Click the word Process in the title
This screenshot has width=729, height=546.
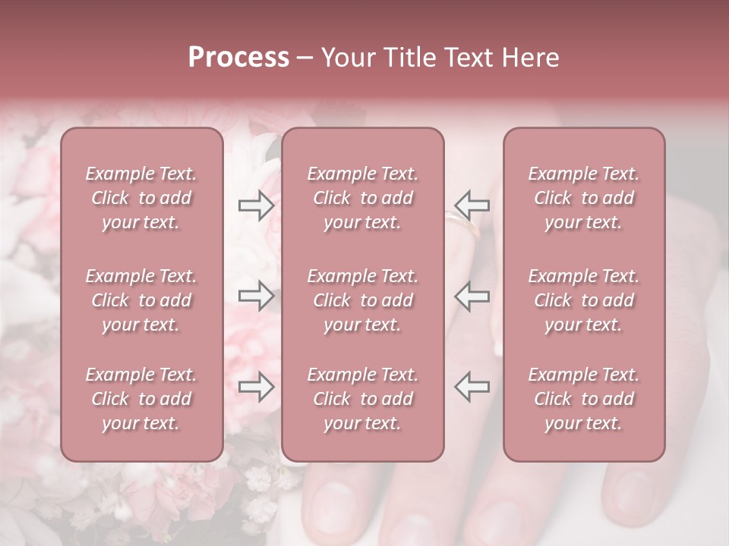(238, 58)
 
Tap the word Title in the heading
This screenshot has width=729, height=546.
(407, 58)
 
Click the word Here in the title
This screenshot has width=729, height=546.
(529, 58)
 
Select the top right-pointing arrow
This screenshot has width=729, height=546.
(256, 206)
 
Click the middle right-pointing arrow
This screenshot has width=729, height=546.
(256, 296)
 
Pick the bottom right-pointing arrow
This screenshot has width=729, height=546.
(256, 386)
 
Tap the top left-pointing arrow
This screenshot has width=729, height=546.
(472, 206)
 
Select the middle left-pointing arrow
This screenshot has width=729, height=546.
(472, 296)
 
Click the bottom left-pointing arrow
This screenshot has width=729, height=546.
(472, 386)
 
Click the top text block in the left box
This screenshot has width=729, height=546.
(141, 198)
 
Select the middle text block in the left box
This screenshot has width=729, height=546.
(141, 300)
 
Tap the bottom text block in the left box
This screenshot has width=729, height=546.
(141, 399)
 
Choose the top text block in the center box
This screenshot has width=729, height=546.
(362, 198)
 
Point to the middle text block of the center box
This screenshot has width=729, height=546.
(362, 300)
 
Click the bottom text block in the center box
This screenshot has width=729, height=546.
(362, 399)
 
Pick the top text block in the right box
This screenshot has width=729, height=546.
(583, 198)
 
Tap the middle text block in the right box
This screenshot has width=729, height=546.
(583, 300)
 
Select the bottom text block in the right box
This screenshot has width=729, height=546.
(583, 399)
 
